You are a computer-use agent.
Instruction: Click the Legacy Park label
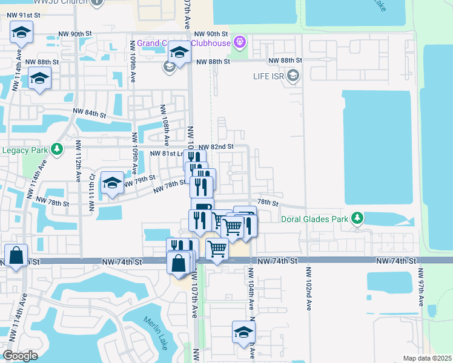[x=24, y=150]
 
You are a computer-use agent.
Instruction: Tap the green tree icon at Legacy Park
[x=57, y=149]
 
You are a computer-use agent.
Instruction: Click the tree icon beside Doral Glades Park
[x=357, y=217]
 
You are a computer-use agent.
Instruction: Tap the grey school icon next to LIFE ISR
[x=294, y=76]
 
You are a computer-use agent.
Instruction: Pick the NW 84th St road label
[x=90, y=113]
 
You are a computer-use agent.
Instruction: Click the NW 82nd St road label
[x=216, y=147]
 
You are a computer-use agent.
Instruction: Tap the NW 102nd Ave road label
[x=308, y=289]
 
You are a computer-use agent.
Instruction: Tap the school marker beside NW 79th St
[x=112, y=183]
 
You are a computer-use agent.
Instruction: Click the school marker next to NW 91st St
[x=21, y=33]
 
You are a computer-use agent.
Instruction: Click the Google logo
[x=20, y=356]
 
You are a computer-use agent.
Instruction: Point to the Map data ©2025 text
[x=427, y=358]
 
